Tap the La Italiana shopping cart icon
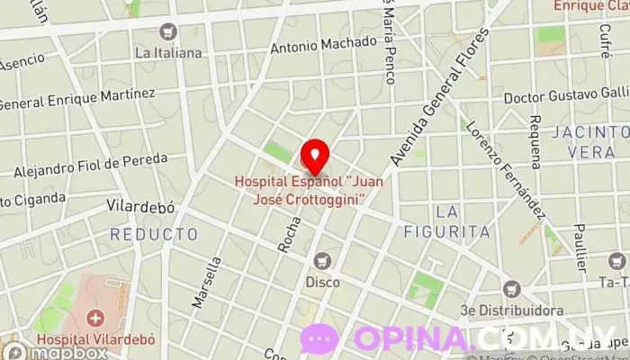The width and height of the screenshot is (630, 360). coord(167,32)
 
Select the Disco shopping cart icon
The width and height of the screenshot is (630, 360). coord(321,261)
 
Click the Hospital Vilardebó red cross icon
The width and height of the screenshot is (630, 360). coord(96,319)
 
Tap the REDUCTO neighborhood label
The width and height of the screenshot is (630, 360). coord(154,234)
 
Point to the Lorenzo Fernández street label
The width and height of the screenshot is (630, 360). coord(513,166)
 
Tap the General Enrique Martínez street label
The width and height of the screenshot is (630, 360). coord(76,99)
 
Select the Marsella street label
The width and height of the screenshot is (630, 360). coord(206,283)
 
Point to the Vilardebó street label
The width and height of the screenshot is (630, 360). coord(140,208)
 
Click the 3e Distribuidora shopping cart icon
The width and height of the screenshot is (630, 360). coord(512,290)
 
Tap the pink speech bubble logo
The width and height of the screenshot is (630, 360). coord(319,339)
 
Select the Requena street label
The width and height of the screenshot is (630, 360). coord(535,142)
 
